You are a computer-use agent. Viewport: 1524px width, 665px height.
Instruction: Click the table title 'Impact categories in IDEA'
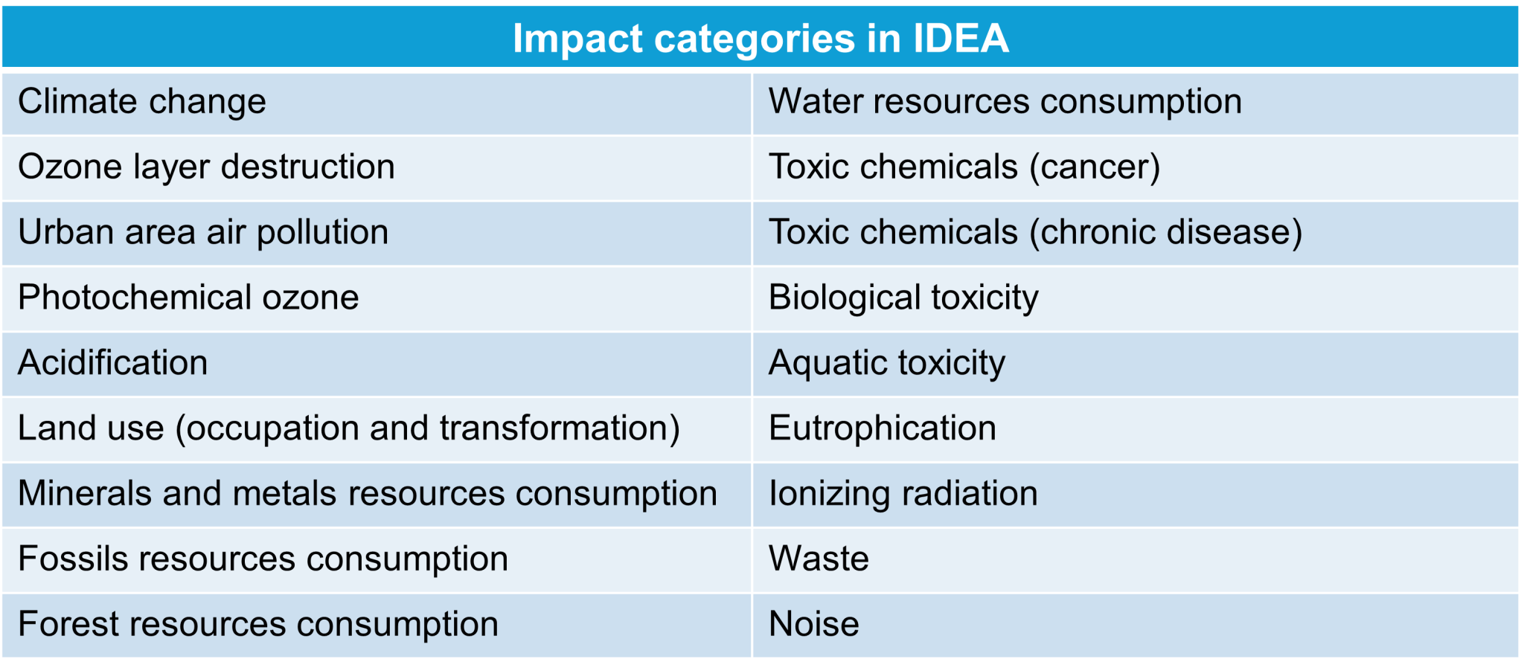761,38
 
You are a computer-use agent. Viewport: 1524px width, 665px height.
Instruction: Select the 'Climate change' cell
142,102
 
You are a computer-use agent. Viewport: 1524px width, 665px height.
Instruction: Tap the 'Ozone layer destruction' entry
206,167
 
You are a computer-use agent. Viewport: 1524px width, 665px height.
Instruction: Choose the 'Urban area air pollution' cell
203,232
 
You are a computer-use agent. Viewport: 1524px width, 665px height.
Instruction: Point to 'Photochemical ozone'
188,298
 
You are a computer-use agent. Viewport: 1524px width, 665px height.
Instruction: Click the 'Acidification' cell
113,363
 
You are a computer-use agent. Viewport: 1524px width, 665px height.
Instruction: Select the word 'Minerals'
85,493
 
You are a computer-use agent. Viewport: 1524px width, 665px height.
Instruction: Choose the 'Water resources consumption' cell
1005,102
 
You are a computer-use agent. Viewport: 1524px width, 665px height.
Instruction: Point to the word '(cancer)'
1095,167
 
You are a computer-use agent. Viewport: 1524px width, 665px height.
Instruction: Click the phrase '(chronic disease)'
1165,232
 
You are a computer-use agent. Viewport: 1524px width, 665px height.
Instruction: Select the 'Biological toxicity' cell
903,298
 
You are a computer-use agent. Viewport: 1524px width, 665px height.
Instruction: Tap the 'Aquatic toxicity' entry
887,363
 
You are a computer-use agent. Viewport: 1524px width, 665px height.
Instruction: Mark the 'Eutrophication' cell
883,428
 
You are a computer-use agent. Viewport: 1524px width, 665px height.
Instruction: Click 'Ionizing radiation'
903,493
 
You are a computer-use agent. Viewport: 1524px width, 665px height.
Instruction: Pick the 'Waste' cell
819,559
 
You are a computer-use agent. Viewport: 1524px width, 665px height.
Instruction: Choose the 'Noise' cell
814,624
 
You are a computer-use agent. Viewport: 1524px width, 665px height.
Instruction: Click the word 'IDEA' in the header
961,38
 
